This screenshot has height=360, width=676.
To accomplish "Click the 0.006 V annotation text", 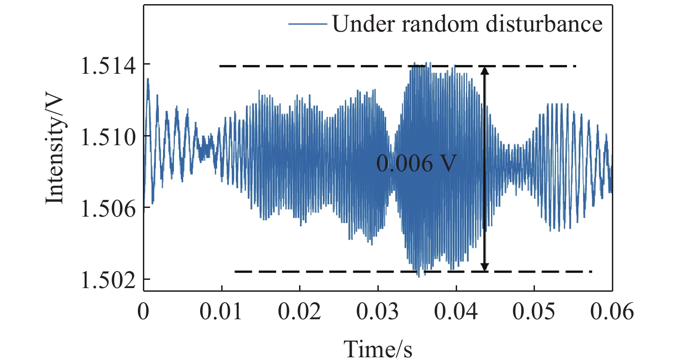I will coord(416,164).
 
